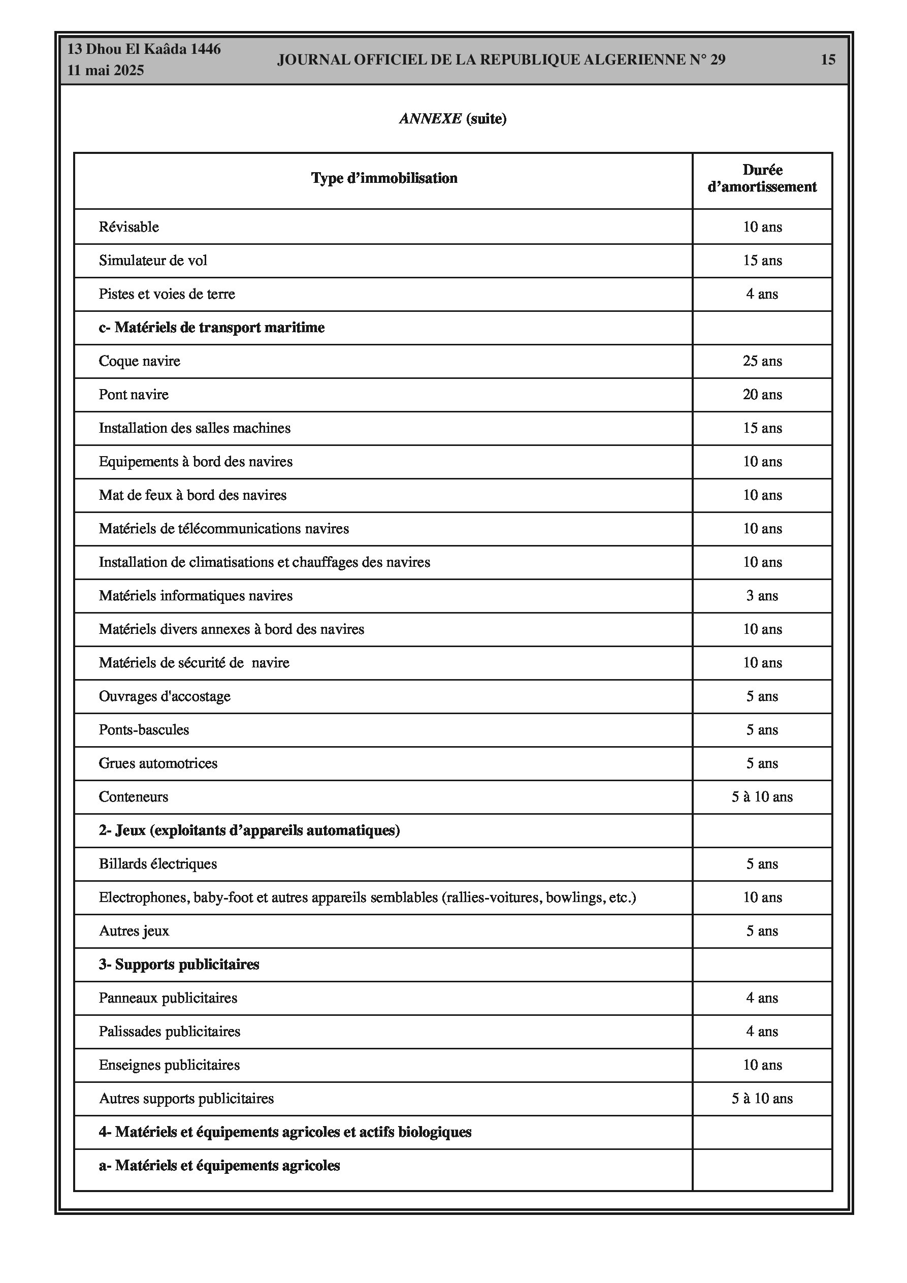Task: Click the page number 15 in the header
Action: (x=828, y=60)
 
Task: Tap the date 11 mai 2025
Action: (x=106, y=71)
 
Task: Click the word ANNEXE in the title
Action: (x=430, y=118)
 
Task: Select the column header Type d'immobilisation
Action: (x=384, y=178)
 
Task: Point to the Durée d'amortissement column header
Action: (x=762, y=178)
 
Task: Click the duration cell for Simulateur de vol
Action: (x=762, y=261)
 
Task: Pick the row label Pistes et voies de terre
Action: (x=167, y=294)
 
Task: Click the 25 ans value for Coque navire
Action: (x=762, y=361)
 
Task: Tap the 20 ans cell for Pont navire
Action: (x=762, y=395)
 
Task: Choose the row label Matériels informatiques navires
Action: (x=196, y=596)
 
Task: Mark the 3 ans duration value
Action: (x=762, y=596)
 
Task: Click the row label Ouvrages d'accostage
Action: (x=165, y=696)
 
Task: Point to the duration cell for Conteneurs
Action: (x=762, y=797)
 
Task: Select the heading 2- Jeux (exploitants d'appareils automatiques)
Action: (x=249, y=830)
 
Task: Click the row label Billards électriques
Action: (x=157, y=864)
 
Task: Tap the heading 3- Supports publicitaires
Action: (x=179, y=965)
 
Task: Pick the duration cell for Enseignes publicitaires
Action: (x=762, y=1065)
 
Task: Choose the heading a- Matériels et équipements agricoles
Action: (x=219, y=1166)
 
